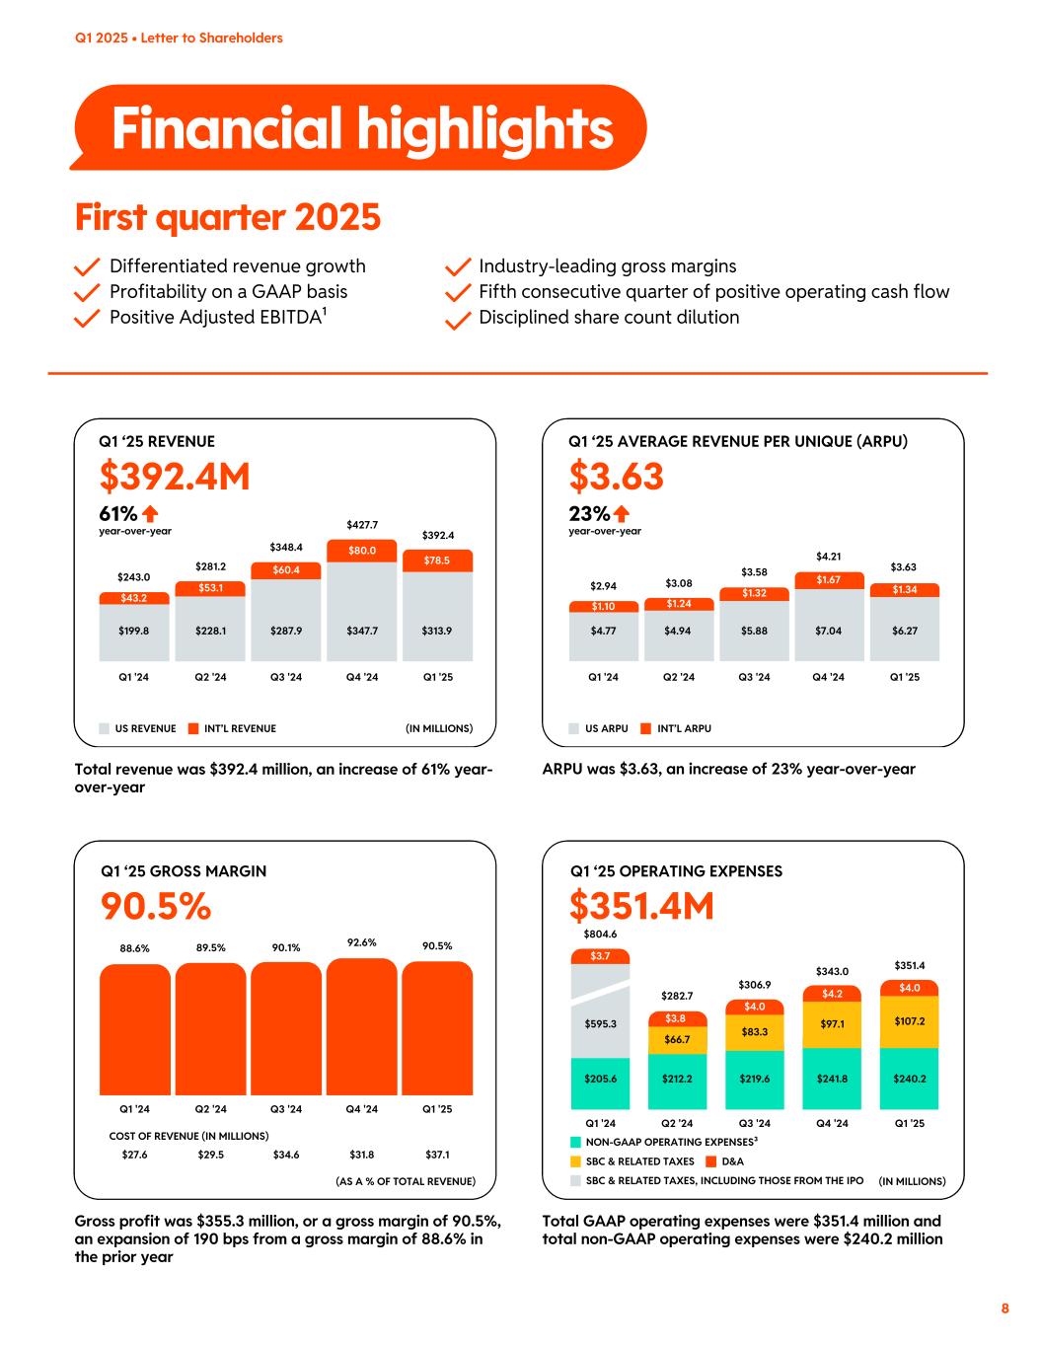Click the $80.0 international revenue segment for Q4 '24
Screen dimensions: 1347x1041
pyautogui.click(x=362, y=551)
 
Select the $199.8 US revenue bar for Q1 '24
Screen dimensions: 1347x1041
pyautogui.click(x=133, y=631)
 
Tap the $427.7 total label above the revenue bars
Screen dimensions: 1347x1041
pyautogui.click(x=362, y=525)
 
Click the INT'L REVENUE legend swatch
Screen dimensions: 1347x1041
pyautogui.click(x=194, y=728)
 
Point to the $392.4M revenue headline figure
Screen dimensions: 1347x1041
pyautogui.click(x=175, y=477)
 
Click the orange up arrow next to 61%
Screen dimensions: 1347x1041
pyautogui.click(x=150, y=513)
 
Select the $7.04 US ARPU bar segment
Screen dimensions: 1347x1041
pyautogui.click(x=829, y=631)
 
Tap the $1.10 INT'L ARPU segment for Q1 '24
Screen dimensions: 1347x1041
pyautogui.click(x=603, y=606)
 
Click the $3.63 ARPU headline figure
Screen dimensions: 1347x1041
pyautogui.click(x=616, y=477)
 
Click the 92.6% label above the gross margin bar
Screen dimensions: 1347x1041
pyautogui.click(x=362, y=942)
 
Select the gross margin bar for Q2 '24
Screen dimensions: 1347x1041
pyautogui.click(x=210, y=1028)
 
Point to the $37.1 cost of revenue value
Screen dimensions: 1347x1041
pyautogui.click(x=437, y=1154)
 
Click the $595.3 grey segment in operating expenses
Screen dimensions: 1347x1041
pyautogui.click(x=600, y=1023)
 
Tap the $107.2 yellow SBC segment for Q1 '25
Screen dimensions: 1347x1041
pyautogui.click(x=909, y=1021)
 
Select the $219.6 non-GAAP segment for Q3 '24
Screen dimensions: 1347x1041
pyautogui.click(x=754, y=1079)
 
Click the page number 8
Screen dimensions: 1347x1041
pyautogui.click(x=1004, y=1309)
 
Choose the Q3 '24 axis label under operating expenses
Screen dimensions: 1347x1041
pyautogui.click(x=754, y=1123)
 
